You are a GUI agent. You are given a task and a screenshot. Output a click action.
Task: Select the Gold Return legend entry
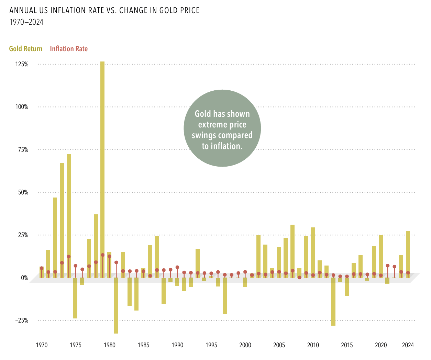point(26,49)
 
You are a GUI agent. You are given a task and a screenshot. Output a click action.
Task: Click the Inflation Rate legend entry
point(69,49)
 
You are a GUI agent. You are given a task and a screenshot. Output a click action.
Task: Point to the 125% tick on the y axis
point(21,64)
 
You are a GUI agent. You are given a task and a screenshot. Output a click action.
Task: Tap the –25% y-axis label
point(21,320)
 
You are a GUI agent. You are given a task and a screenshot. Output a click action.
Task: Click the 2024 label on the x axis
point(408,345)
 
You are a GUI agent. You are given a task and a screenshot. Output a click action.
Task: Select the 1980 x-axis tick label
point(109,345)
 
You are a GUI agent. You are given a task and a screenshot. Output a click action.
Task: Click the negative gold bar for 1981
point(116,305)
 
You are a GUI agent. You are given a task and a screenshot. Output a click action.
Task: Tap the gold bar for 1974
point(69,206)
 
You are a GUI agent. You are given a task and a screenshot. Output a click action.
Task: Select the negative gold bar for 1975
point(75,298)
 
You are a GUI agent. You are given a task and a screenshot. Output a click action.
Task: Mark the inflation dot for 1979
point(102,255)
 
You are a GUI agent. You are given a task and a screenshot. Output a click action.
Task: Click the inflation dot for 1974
point(69,257)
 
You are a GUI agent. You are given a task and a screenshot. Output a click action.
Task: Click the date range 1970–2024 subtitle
point(26,22)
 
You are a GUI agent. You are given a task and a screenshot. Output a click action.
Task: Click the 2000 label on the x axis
point(245,345)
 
